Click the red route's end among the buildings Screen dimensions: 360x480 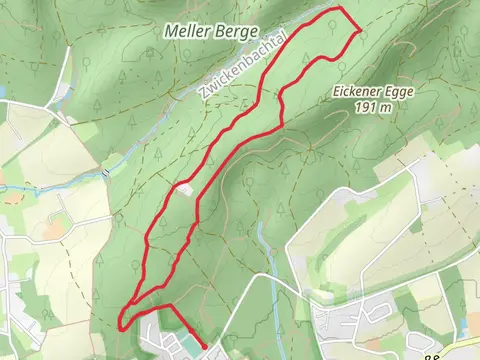(x=204, y=347)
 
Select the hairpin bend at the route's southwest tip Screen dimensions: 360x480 (x=121, y=324)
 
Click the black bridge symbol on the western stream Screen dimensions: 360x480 (x=106, y=172)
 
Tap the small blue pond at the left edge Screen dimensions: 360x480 (x=4, y=92)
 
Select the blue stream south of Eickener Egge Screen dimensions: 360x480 (x=262, y=240)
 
